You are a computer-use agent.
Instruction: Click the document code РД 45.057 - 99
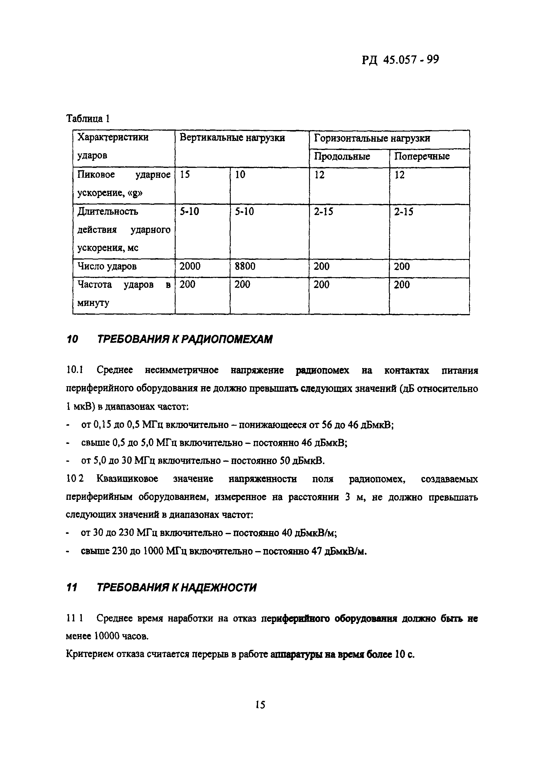point(400,60)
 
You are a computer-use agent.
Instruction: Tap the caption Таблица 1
point(88,118)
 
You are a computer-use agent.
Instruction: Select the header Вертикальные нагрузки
point(232,138)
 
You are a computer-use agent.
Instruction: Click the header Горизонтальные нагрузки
point(372,138)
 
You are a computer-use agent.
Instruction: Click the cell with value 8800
point(245,266)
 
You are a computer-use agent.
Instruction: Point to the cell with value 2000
point(190,266)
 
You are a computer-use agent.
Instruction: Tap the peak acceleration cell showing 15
point(185,175)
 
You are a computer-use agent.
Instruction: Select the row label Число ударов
point(107,266)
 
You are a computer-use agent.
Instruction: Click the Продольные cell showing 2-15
point(323,212)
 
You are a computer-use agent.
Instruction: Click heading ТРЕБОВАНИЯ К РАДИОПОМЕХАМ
point(185,339)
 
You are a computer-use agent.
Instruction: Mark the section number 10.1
point(74,370)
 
